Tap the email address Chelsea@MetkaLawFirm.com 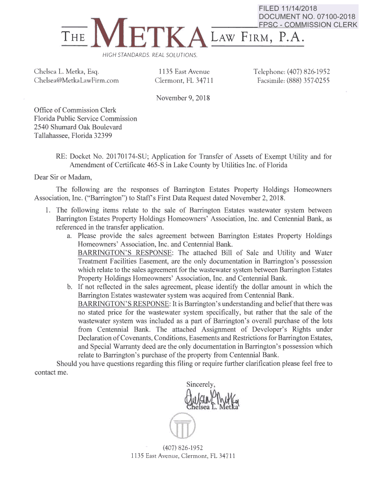(x=76, y=81)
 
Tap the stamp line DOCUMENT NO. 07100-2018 (x=307, y=17)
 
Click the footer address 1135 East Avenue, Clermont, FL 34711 (x=182, y=456)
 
